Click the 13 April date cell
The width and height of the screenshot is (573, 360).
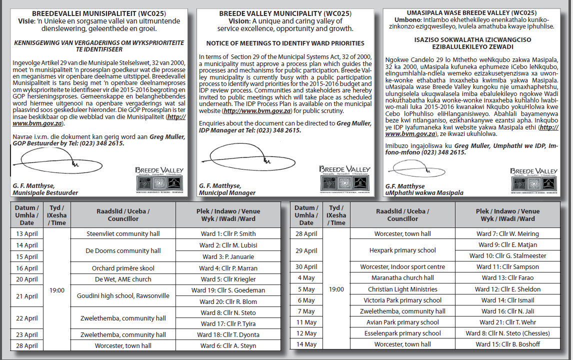point(26,234)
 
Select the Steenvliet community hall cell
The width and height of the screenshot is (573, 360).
point(123,234)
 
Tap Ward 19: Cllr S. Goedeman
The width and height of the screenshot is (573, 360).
point(228,290)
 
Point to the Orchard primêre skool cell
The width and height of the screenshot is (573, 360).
point(123,268)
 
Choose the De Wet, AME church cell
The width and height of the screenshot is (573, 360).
point(123,279)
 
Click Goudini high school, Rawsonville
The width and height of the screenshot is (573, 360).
point(123,296)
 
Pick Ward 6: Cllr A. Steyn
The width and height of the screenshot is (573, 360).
point(228,346)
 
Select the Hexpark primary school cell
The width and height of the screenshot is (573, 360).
point(402,250)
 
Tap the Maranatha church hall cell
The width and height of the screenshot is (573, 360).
point(402,278)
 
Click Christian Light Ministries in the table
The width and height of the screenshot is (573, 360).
point(402,289)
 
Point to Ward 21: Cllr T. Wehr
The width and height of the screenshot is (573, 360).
point(507,322)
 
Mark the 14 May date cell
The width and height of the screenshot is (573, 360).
point(306,344)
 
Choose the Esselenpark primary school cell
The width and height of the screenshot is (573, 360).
point(402,333)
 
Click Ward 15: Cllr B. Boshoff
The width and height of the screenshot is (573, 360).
point(507,344)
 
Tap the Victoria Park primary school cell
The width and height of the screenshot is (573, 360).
point(402,300)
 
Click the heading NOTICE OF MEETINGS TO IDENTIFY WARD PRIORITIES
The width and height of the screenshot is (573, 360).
point(285,43)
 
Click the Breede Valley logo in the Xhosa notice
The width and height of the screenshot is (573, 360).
point(533,179)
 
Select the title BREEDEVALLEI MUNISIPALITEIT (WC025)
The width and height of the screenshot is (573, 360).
point(99,13)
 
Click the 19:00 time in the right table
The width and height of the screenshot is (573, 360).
point(336,289)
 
